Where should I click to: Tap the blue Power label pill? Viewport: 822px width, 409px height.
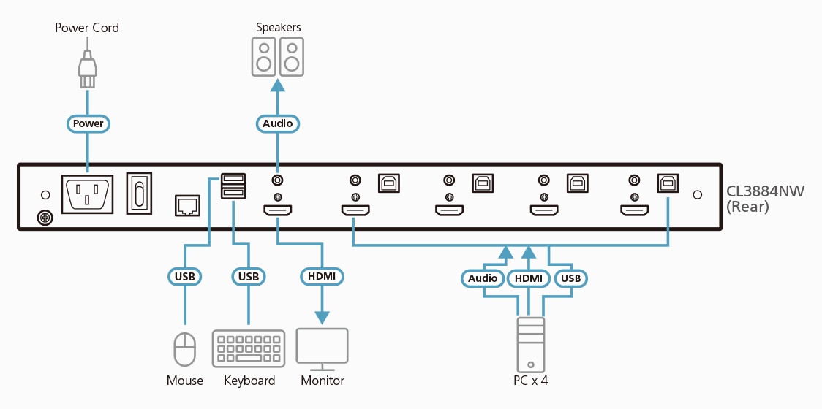click(88, 123)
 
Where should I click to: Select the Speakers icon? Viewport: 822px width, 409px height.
click(277, 57)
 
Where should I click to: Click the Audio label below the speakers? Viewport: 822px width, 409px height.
click(277, 123)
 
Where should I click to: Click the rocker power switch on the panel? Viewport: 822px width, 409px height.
click(139, 193)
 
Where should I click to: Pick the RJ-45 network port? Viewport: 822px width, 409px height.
click(188, 205)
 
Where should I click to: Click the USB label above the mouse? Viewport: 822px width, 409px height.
click(185, 277)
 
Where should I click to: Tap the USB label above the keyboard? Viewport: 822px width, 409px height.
click(248, 277)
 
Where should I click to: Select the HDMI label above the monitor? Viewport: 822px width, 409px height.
click(322, 277)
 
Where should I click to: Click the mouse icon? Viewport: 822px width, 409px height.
click(185, 349)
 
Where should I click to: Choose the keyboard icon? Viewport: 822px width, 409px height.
click(249, 348)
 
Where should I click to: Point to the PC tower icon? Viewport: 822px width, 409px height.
click(530, 343)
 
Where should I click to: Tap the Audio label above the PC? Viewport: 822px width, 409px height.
click(483, 278)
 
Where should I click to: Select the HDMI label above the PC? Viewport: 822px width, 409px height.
click(529, 278)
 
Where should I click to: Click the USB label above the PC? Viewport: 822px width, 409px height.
click(570, 278)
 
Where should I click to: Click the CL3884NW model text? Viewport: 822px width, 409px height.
click(765, 192)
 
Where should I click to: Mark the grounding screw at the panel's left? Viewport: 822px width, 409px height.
click(44, 218)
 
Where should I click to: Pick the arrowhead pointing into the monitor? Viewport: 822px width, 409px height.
click(322, 318)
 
